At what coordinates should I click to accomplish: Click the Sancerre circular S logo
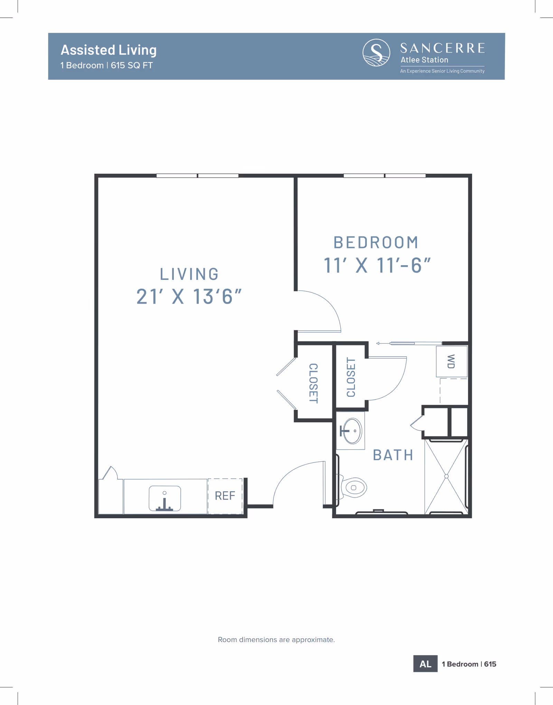pyautogui.click(x=376, y=53)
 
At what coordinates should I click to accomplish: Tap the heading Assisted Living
pyautogui.click(x=109, y=50)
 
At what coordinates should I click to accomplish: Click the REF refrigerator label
pyautogui.click(x=225, y=496)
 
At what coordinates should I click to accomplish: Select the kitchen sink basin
pyautogui.click(x=165, y=498)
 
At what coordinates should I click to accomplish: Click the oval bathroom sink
pyautogui.click(x=352, y=431)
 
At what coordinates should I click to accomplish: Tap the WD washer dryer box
pyautogui.click(x=451, y=361)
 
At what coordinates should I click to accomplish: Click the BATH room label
pyautogui.click(x=393, y=455)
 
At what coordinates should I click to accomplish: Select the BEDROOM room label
pyautogui.click(x=376, y=243)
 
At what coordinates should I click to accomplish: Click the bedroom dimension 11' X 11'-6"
pyautogui.click(x=377, y=265)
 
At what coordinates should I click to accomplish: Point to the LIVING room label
pyautogui.click(x=189, y=274)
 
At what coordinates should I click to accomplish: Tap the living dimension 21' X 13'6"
pyautogui.click(x=189, y=297)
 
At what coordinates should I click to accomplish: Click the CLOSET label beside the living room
pyautogui.click(x=313, y=383)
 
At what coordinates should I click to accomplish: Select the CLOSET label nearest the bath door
pyautogui.click(x=351, y=377)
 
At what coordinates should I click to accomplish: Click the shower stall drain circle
pyautogui.click(x=446, y=476)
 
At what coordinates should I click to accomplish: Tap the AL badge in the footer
pyautogui.click(x=425, y=664)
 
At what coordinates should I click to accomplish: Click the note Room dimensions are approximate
pyautogui.click(x=276, y=640)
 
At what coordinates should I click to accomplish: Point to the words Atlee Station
pyautogui.click(x=424, y=60)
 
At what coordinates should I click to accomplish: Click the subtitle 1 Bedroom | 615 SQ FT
pyautogui.click(x=106, y=65)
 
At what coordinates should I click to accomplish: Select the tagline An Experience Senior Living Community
pyautogui.click(x=442, y=71)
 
